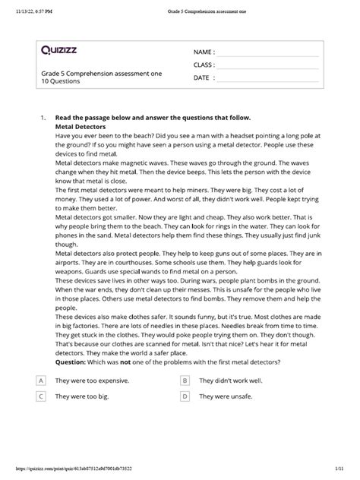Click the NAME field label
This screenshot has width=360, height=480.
(204, 52)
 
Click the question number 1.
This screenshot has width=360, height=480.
(43, 118)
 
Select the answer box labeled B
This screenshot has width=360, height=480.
(185, 380)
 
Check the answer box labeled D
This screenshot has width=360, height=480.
(185, 396)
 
